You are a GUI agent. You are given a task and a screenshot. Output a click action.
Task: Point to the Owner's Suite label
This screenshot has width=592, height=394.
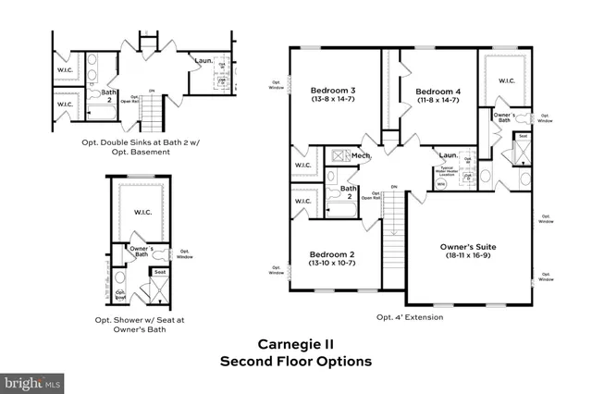coord(465,247)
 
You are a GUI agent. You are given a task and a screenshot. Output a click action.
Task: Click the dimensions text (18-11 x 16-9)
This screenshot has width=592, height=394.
coord(465,258)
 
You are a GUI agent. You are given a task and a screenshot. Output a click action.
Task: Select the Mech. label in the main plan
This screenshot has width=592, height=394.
coord(360,156)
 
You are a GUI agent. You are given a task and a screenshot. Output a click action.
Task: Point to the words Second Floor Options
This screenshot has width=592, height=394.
coord(295,361)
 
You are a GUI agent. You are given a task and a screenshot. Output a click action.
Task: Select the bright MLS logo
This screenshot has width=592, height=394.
coord(32,380)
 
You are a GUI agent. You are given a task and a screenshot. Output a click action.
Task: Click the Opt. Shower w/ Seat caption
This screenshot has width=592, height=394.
coord(140,320)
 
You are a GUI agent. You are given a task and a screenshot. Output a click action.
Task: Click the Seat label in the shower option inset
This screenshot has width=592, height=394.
coord(158,273)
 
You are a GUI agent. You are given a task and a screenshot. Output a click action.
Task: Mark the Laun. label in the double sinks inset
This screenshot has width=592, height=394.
coord(204,62)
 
